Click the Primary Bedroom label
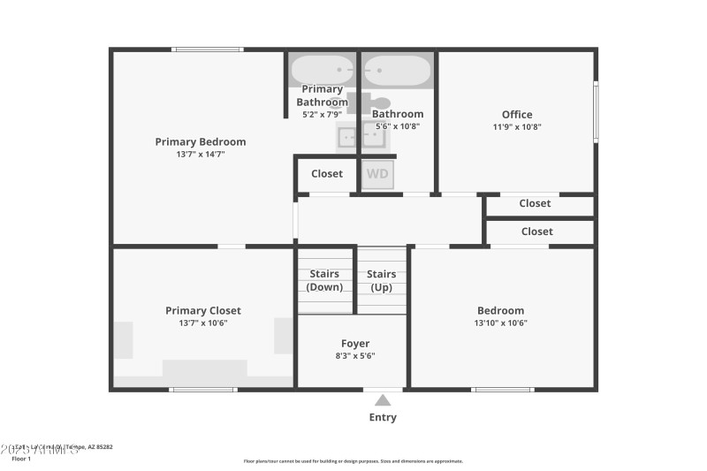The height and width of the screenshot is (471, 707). pos(201,141)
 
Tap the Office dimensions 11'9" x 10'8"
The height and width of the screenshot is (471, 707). pos(517,126)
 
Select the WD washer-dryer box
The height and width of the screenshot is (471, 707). pos(377,174)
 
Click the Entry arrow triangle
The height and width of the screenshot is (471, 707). pos(383,400)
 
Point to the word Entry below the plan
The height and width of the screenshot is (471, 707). pos(383,417)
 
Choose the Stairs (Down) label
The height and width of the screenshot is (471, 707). pos(324,280)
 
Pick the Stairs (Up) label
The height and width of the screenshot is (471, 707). pos(382,280)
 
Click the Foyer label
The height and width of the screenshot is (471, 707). pos(355,344)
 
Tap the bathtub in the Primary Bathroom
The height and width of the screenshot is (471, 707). pos(323,69)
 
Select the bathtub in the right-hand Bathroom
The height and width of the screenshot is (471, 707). pos(397,69)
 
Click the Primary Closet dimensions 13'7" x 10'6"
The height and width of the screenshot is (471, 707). pos(203,323)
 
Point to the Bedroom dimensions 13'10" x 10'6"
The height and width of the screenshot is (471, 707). pos(501,323)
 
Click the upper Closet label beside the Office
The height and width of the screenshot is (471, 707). pos(535,203)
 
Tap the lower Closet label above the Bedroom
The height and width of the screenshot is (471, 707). pos(536,232)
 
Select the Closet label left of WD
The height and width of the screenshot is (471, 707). pos(327,174)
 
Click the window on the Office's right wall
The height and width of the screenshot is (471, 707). pos(596,111)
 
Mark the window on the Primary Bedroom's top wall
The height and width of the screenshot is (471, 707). pos(208,49)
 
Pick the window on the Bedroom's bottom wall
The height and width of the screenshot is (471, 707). pos(502,389)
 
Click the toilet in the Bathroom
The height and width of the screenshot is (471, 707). pos(379,103)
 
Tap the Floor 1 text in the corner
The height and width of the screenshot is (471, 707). pos(21,459)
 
